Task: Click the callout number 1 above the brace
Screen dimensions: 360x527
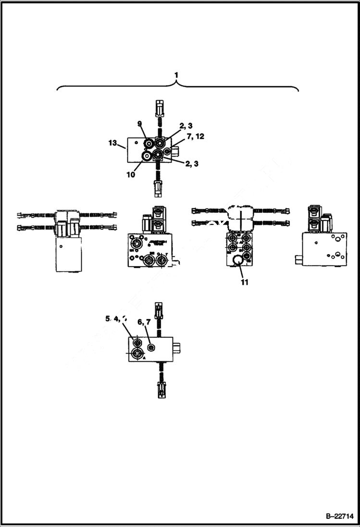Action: point(177,75)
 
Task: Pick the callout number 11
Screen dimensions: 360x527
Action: point(244,282)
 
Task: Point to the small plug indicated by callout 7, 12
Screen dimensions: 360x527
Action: point(167,151)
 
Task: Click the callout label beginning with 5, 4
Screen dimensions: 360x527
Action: point(116,319)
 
